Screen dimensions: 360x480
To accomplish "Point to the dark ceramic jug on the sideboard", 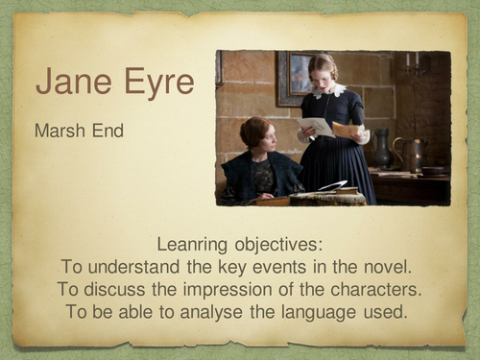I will pos(383,150).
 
